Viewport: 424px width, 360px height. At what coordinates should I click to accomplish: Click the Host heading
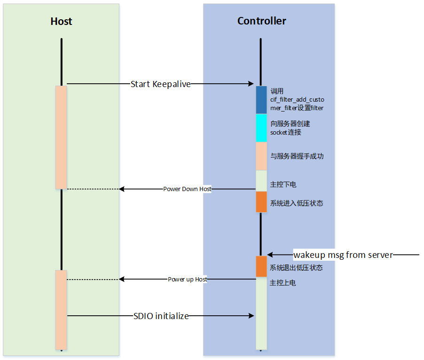[61, 22]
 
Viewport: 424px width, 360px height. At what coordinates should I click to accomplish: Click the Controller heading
[261, 21]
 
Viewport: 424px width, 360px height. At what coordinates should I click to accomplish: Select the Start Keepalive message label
[160, 84]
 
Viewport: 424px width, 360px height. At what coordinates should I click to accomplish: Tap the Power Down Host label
[187, 189]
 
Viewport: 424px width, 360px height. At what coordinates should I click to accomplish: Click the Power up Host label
[188, 280]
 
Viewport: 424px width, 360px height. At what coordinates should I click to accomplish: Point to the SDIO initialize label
[161, 316]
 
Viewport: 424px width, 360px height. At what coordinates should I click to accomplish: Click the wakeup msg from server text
[343, 255]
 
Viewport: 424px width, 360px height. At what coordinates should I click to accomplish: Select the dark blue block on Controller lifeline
[261, 100]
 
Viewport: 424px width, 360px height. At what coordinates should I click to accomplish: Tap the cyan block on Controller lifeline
[261, 128]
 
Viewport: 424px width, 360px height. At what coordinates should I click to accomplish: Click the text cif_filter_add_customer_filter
[297, 100]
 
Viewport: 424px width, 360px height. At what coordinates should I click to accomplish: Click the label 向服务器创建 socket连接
[290, 128]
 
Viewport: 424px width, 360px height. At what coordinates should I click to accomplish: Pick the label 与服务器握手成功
[297, 156]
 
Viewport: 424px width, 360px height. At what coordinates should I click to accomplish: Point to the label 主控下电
[283, 184]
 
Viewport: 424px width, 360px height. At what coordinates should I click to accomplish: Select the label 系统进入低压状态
[297, 204]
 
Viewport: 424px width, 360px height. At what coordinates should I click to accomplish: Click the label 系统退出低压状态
[296, 268]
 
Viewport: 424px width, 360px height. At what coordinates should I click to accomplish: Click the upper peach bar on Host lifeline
[61, 137]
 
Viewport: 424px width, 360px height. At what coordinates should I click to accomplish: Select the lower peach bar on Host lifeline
[61, 310]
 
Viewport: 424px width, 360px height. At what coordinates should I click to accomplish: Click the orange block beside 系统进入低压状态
[261, 202]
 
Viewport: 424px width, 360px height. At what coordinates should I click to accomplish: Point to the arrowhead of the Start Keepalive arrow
[251, 84]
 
